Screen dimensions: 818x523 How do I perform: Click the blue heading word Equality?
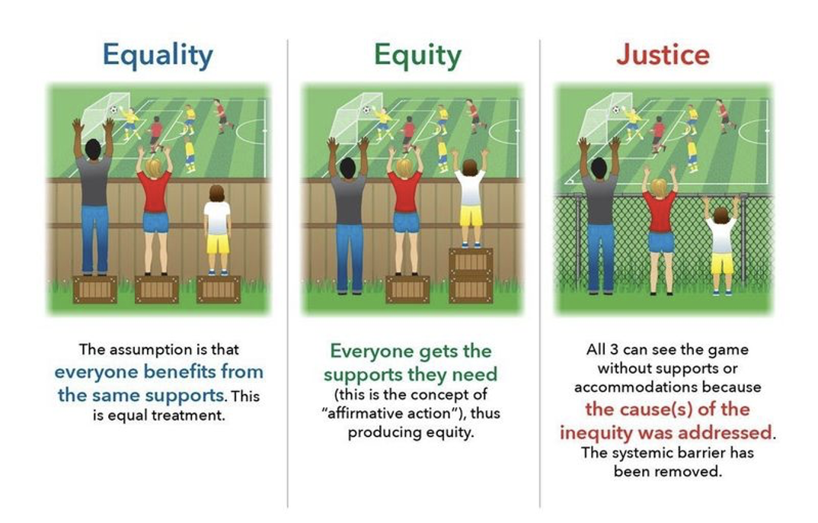pos(158,56)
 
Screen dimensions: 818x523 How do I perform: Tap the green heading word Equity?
pos(418,56)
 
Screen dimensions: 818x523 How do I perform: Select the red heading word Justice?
pos(663,55)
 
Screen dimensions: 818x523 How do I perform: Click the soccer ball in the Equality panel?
pos(113,110)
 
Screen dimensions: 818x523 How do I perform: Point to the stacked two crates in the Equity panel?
pos(471,275)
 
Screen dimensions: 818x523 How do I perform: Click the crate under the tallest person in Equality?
pos(94,289)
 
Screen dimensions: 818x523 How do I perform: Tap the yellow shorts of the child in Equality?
pos(218,244)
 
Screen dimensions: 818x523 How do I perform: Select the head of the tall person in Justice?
pos(599,168)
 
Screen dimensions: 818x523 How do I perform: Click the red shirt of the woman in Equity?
pos(404,191)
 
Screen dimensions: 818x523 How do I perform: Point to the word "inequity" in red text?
pos(596,433)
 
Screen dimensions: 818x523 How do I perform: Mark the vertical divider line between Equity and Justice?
pos(540,274)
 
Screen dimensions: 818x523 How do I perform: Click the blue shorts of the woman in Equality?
pos(155,222)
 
